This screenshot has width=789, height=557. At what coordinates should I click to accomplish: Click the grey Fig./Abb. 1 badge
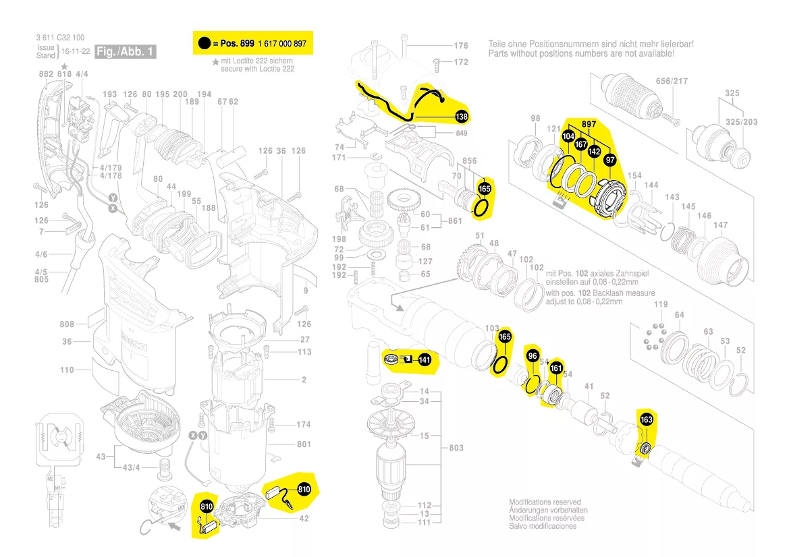(126, 52)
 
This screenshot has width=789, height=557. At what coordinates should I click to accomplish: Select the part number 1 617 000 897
(281, 44)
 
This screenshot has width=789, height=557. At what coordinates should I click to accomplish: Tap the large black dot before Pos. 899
(204, 44)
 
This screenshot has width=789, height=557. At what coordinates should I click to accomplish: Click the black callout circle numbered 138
(461, 117)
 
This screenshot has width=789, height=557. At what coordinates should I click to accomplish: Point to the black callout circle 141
(425, 360)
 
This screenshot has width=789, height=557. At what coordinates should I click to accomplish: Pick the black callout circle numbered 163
(646, 420)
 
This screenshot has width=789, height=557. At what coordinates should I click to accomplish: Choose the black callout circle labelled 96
(533, 356)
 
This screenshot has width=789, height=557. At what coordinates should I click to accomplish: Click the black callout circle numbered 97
(610, 160)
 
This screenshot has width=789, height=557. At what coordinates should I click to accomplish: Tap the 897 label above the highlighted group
(589, 124)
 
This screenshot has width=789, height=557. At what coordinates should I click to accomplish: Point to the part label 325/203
(741, 122)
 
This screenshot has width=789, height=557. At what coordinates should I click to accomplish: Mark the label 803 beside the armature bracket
(457, 448)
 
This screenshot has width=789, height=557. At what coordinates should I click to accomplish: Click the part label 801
(304, 444)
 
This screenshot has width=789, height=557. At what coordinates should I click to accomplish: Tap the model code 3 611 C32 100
(59, 38)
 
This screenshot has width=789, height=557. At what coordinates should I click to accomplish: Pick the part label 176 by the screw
(460, 46)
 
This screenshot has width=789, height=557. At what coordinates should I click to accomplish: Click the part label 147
(720, 225)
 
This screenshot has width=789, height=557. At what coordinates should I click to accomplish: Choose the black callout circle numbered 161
(555, 368)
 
